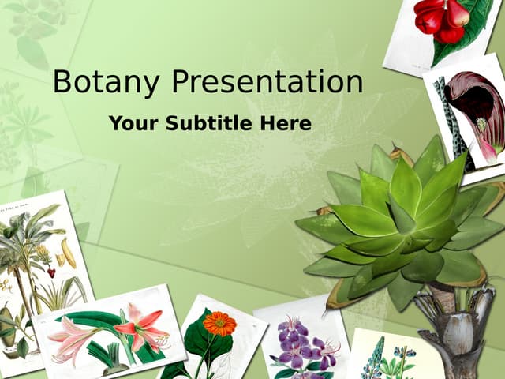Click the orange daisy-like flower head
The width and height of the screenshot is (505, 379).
219,323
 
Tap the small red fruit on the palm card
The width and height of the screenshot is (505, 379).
51,272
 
